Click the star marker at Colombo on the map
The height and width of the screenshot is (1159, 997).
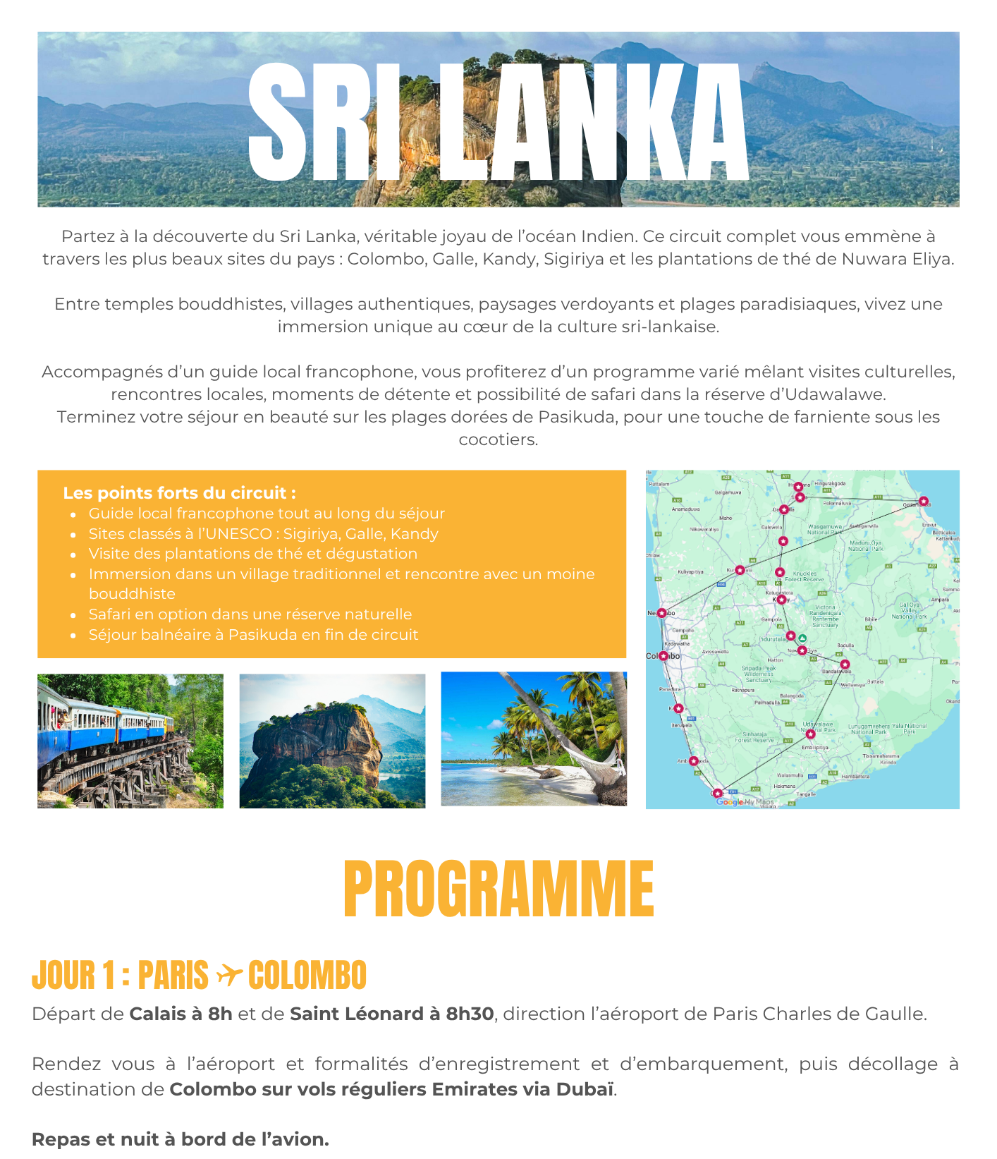pos(663,656)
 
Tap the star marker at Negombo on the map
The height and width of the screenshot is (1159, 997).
pos(662,613)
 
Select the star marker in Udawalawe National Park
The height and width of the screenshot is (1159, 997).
pos(811,734)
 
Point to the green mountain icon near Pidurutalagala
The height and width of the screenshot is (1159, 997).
pos(802,638)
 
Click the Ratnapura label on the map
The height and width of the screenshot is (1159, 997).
pos(743,691)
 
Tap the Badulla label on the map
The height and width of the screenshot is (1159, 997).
pos(845,645)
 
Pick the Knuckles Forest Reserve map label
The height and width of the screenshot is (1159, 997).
pos(805,576)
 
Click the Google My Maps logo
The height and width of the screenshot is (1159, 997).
pos(745,802)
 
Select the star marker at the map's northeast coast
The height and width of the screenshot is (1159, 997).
pos(924,502)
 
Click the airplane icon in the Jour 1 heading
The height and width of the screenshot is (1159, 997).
pos(228,975)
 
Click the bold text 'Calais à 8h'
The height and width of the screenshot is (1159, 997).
pos(181,1014)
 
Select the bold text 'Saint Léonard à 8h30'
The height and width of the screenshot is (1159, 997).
pos(391,1014)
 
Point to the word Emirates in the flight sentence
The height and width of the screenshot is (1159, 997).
pos(476,1089)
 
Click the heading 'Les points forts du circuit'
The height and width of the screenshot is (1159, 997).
pos(179,493)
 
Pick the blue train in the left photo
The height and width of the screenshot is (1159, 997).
pos(106,719)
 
